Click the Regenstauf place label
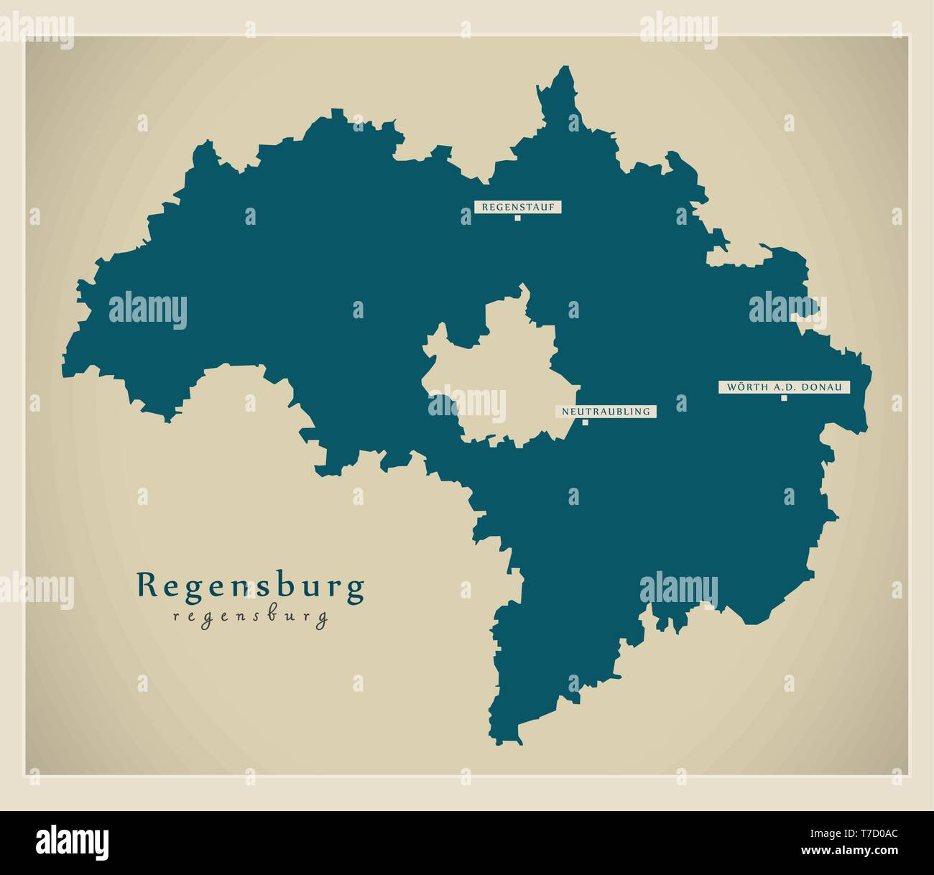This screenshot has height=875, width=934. [517, 207]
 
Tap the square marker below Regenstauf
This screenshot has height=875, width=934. [517, 218]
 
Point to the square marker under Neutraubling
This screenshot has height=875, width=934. [585, 422]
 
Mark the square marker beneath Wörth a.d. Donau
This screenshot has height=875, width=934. [784, 398]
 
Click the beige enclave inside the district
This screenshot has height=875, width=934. [496, 374]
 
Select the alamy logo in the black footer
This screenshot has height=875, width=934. [72, 841]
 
